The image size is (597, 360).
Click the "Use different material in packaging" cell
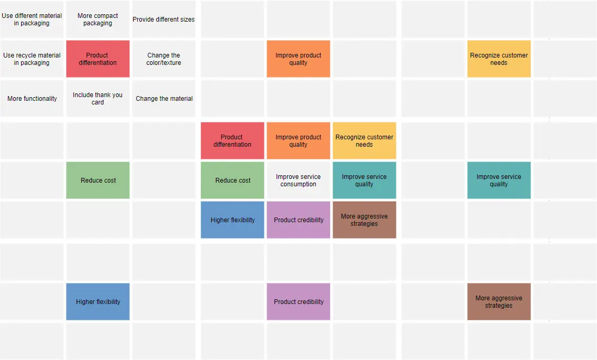[32, 20]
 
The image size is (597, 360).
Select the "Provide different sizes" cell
[164, 20]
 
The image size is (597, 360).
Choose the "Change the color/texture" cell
[164, 59]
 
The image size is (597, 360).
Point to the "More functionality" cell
[32, 99]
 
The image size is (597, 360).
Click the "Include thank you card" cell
[98, 99]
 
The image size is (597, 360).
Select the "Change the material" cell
[164, 99]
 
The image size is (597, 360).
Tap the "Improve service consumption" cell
[298, 181]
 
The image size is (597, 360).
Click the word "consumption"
[298, 184]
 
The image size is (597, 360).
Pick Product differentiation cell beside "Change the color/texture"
[98, 59]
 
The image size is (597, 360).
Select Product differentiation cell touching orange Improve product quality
[232, 141]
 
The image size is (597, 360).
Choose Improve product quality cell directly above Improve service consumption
[298, 141]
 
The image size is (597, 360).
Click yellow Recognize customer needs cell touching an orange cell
[364, 141]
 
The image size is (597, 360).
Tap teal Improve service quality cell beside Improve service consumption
[364, 181]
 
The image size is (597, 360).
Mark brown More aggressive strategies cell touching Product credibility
[364, 220]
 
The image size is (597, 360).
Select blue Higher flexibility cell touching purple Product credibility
[232, 220]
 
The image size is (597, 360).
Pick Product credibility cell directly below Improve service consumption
[298, 220]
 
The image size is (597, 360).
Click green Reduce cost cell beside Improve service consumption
[232, 181]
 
